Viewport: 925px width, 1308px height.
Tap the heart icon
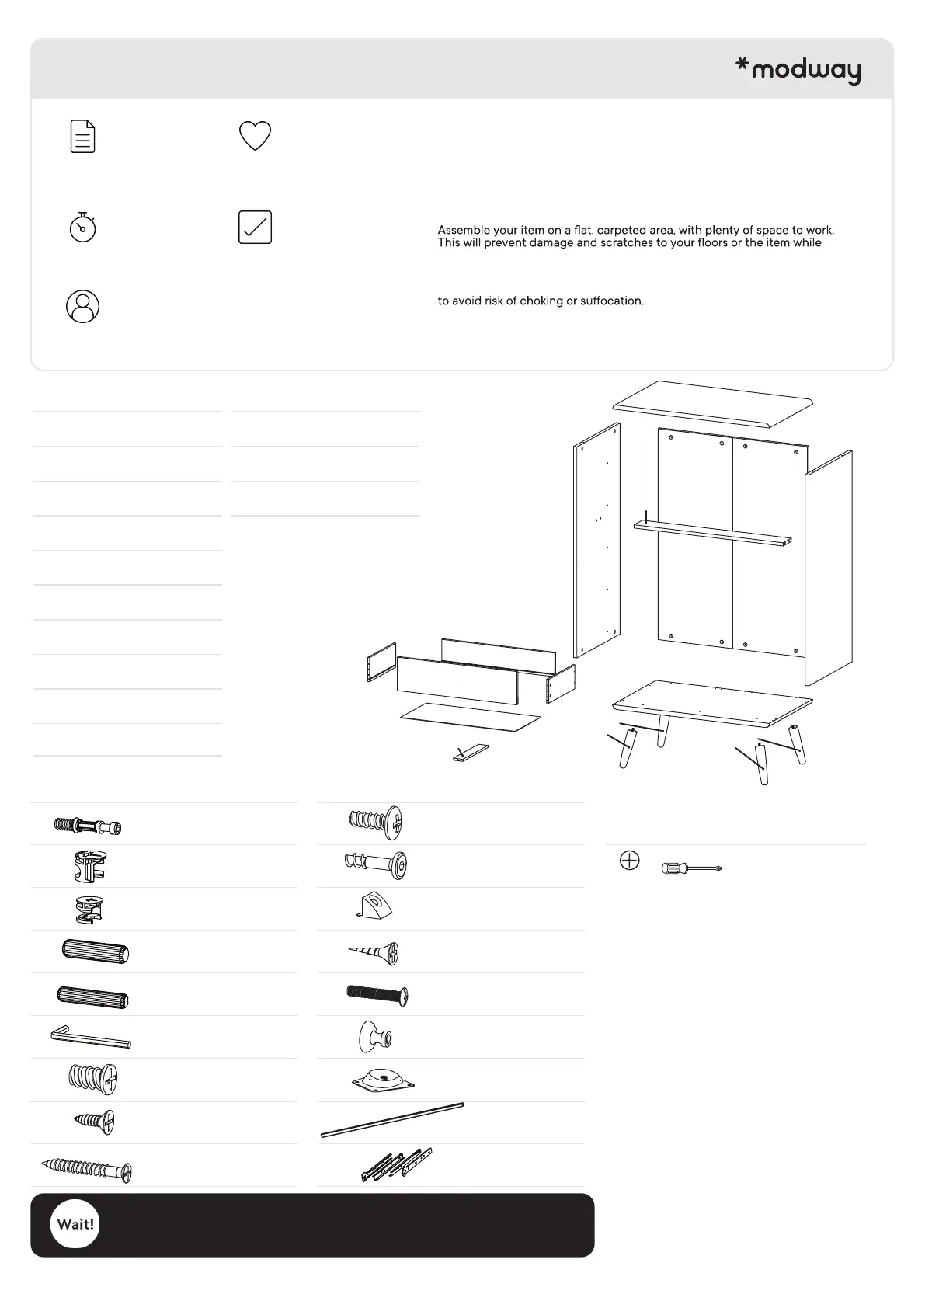click(x=255, y=136)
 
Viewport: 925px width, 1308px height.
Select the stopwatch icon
click(x=82, y=228)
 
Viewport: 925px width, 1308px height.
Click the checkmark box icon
click(x=255, y=228)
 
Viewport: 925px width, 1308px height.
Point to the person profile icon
click(x=82, y=306)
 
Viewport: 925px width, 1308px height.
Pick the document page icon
click(x=82, y=136)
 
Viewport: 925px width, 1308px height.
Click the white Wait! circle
click(x=75, y=1224)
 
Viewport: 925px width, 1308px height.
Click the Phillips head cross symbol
click(x=630, y=861)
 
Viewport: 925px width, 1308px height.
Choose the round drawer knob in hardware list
click(x=375, y=1037)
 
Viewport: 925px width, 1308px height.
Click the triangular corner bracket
click(x=375, y=906)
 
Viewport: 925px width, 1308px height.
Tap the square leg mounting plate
click(x=382, y=1080)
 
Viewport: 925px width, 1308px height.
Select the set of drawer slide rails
click(x=396, y=1164)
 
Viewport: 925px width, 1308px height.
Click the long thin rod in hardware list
click(x=391, y=1120)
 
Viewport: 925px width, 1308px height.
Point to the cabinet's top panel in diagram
click(x=713, y=403)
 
